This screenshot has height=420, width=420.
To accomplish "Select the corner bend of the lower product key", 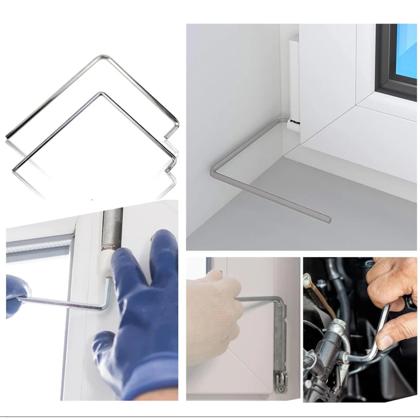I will [x=99, y=93].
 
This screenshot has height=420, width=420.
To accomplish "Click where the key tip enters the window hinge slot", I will [x=293, y=121].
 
